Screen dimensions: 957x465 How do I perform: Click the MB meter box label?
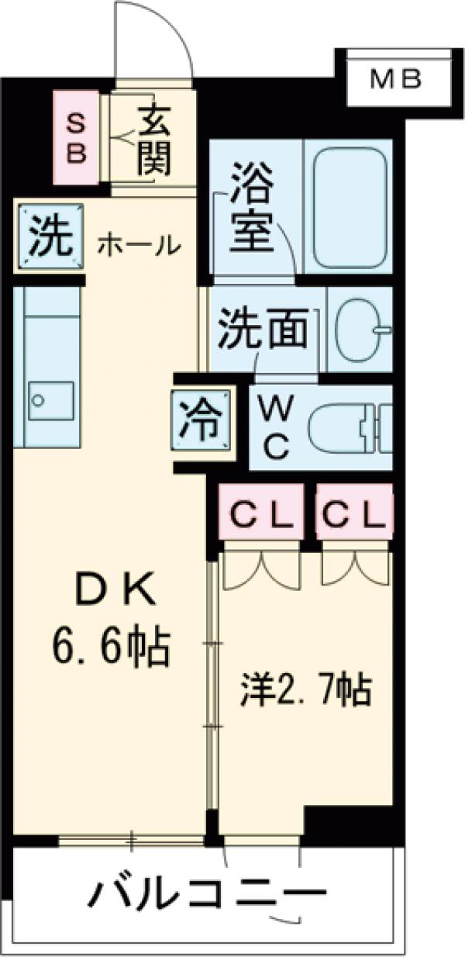(394, 78)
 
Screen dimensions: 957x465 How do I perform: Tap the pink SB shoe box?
(75, 137)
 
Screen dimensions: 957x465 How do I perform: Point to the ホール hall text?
(139, 246)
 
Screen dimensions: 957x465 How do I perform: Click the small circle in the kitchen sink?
(36, 401)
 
